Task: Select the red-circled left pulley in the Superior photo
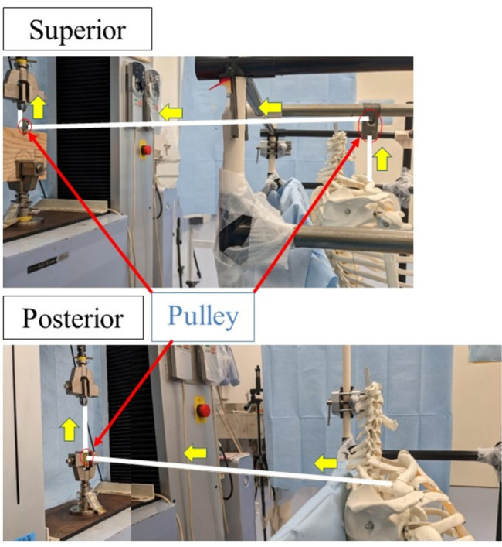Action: coord(25,126)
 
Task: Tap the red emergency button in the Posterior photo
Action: coord(202,409)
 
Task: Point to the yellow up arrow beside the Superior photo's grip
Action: coord(38,108)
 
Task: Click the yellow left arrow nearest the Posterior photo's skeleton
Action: coord(324,463)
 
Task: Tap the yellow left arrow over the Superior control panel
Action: coord(171,113)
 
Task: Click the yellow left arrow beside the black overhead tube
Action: coord(269,107)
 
